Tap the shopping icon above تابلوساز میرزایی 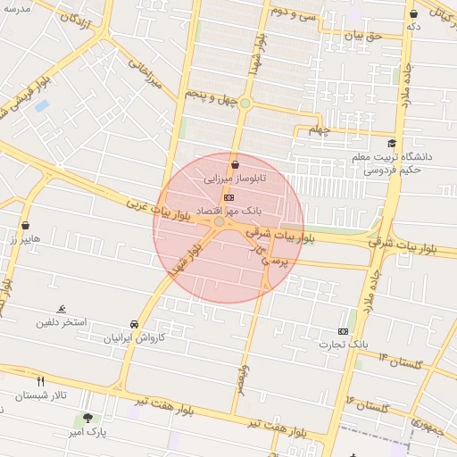(x=235, y=164)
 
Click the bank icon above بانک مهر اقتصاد (x=229, y=197)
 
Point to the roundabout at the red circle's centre (x=220, y=221)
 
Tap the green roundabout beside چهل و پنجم (x=245, y=104)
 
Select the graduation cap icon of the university (x=391, y=143)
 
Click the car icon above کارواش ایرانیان (x=134, y=324)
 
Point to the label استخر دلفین (x=62, y=321)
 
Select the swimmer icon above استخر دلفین (x=62, y=307)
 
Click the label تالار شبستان (x=41, y=395)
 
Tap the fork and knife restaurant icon (x=40, y=381)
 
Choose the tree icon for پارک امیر (x=87, y=417)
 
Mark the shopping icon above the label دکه (x=413, y=13)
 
